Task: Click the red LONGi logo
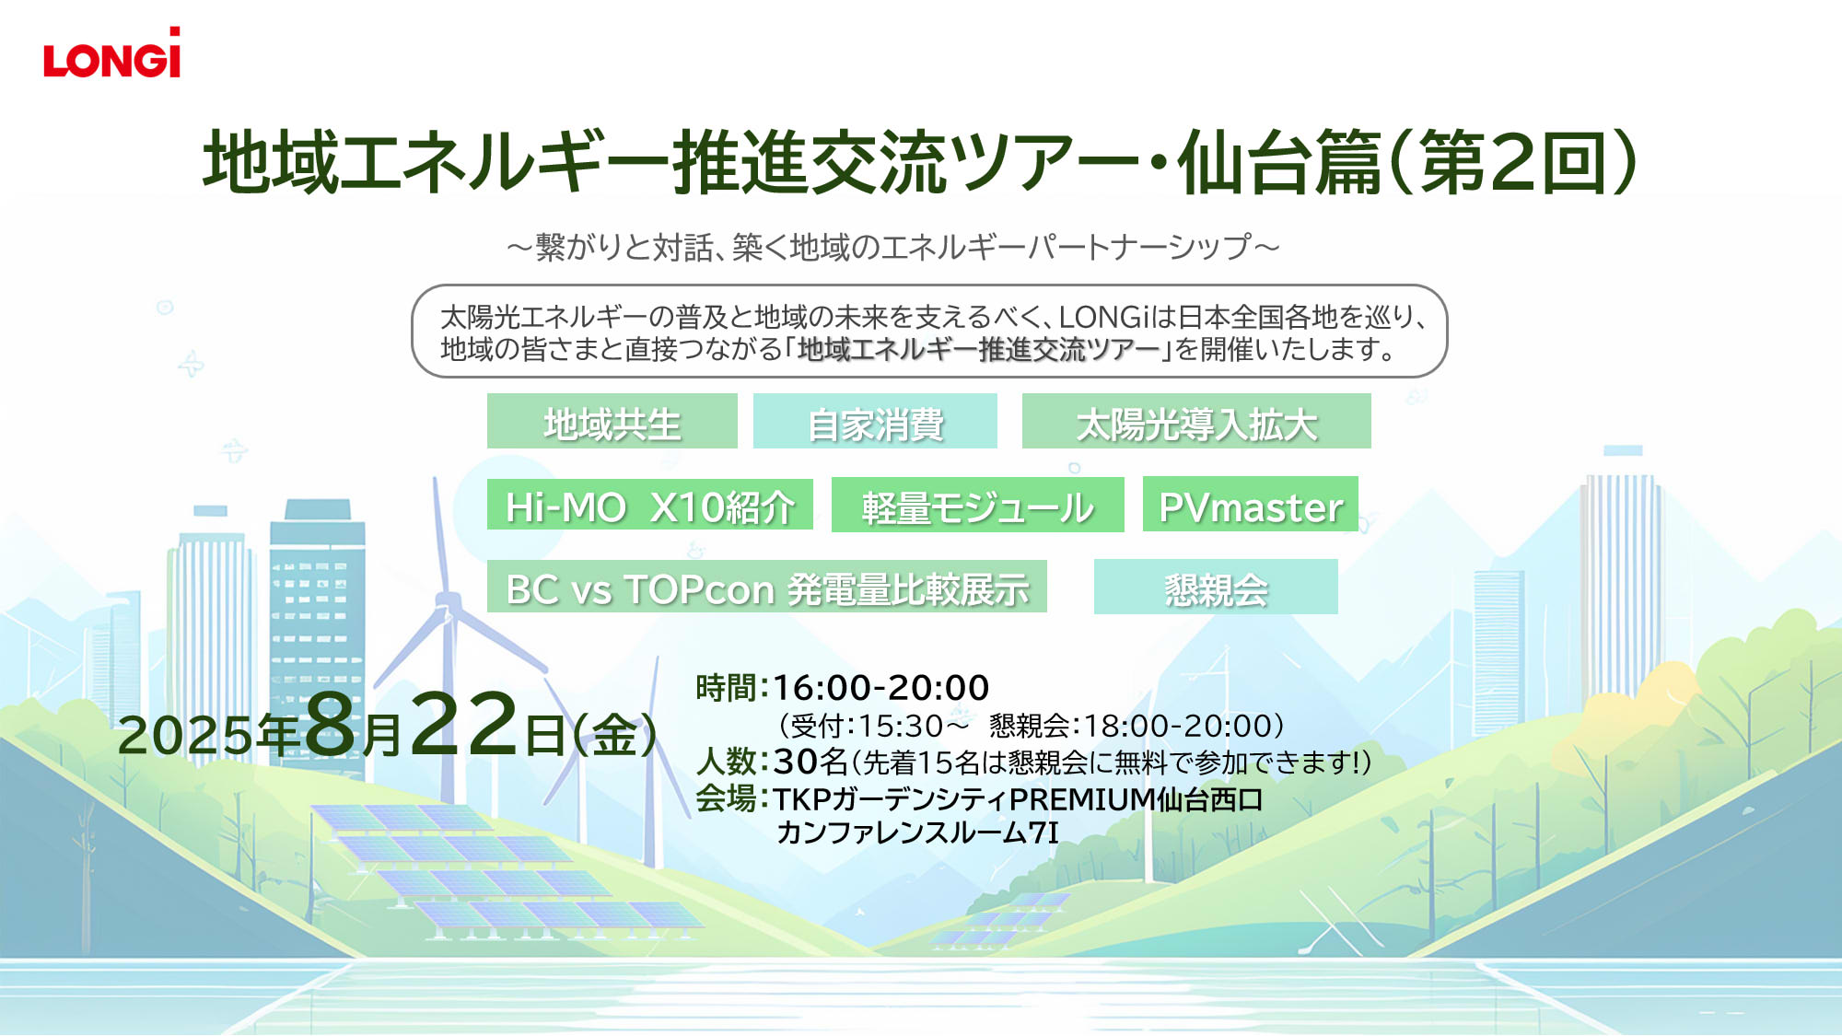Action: coord(111,52)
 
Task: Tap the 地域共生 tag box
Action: coord(612,421)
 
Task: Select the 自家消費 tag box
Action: coord(875,421)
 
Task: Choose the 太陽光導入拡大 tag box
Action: coord(1196,421)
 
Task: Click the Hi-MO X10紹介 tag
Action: coord(649,504)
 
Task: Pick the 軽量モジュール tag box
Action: coord(977,505)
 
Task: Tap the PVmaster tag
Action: coord(1250,504)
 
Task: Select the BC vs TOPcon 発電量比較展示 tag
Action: coord(766,586)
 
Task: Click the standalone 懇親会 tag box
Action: coord(1216,587)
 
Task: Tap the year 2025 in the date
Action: coord(185,736)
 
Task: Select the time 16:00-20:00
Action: coord(880,687)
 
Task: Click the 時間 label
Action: coord(726,687)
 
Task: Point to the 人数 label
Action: coord(726,761)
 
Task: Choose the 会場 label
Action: coord(726,797)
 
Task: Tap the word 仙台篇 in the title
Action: coord(1279,162)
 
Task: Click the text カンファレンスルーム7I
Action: coord(917,832)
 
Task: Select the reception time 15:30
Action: coord(900,727)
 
